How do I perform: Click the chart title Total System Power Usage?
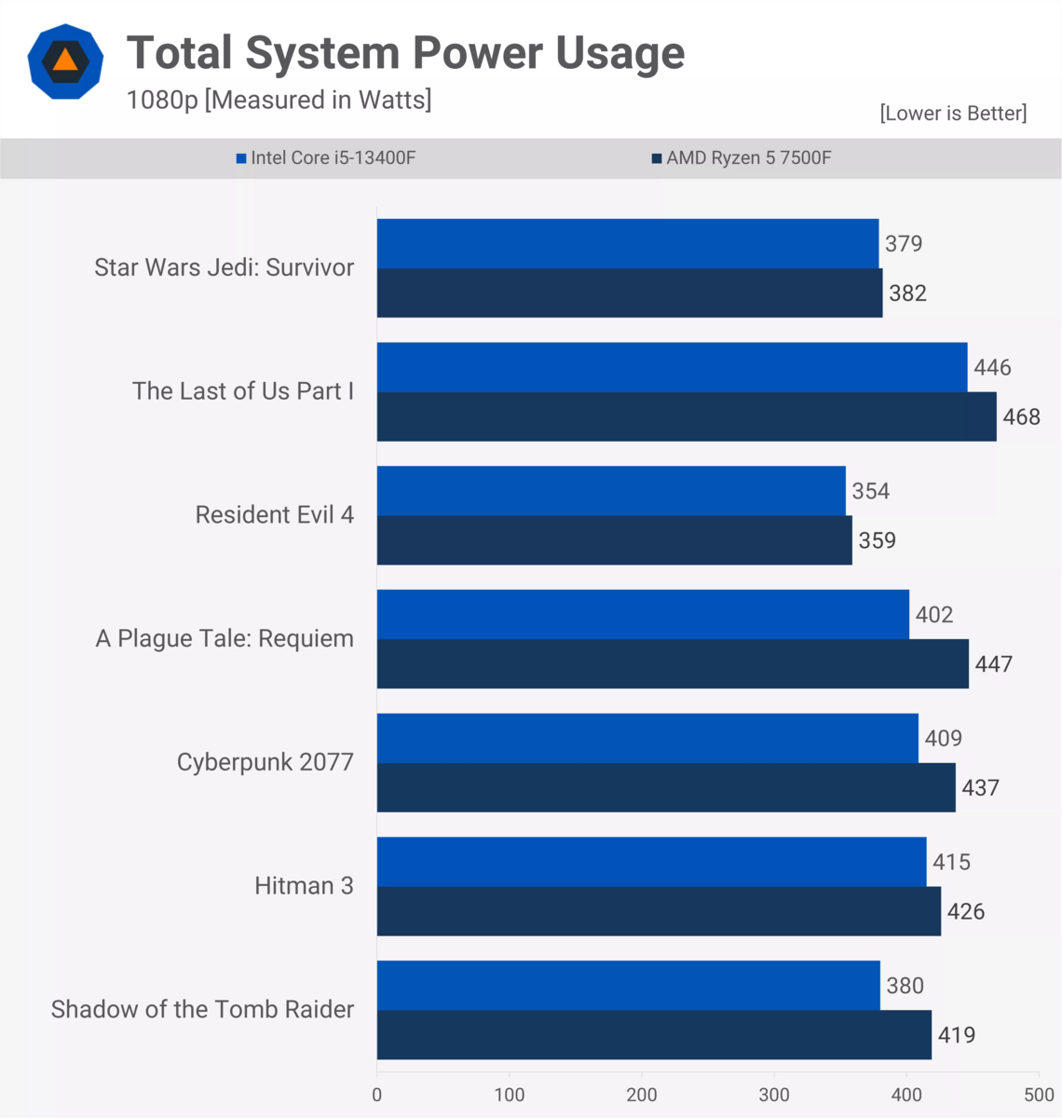point(405,53)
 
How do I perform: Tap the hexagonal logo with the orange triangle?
point(65,61)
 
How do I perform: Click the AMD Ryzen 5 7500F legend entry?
point(742,158)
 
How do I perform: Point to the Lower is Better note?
point(953,114)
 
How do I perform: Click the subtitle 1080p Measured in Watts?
point(279,100)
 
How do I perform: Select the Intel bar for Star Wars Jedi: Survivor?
point(627,244)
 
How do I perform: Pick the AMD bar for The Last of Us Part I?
point(686,416)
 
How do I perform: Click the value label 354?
point(871,491)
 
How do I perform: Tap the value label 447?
point(993,664)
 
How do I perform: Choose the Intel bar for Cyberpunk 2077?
point(647,738)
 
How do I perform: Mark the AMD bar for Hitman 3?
point(659,911)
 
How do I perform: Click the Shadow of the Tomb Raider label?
point(202,1010)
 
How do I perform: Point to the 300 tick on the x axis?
point(774,1095)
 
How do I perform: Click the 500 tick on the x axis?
point(1039,1095)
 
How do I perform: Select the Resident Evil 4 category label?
point(274,515)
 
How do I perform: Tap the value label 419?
point(957,1035)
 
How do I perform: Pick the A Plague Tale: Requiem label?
point(225,639)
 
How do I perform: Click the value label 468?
point(1021,416)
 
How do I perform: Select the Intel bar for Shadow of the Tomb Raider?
point(628,986)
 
